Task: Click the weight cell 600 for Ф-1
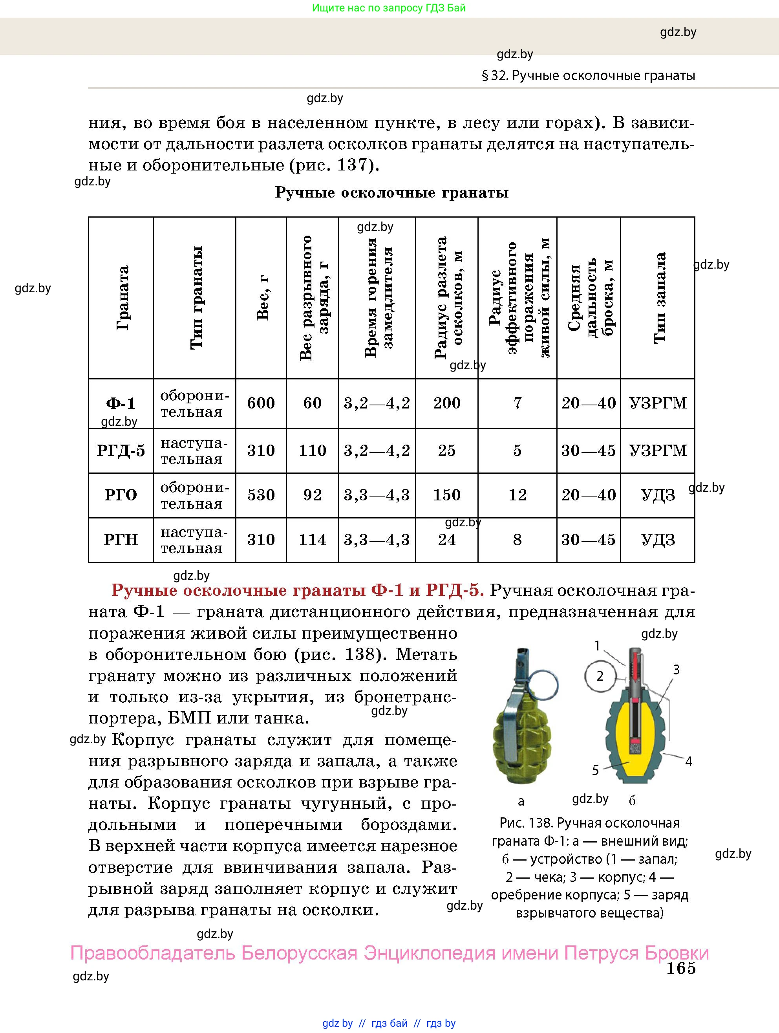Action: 261,403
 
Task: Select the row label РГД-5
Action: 121,451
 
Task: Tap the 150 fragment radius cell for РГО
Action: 447,495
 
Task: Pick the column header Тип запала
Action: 658,298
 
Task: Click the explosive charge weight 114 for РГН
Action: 312,540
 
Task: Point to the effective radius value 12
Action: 517,495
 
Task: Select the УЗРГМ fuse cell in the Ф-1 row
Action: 658,403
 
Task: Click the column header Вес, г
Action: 263,298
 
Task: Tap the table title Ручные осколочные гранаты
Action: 391,192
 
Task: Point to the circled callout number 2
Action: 600,676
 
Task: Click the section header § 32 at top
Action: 588,76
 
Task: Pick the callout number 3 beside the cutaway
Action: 676,670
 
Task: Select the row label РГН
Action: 121,540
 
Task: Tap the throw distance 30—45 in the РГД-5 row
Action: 588,451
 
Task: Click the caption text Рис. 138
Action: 526,823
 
